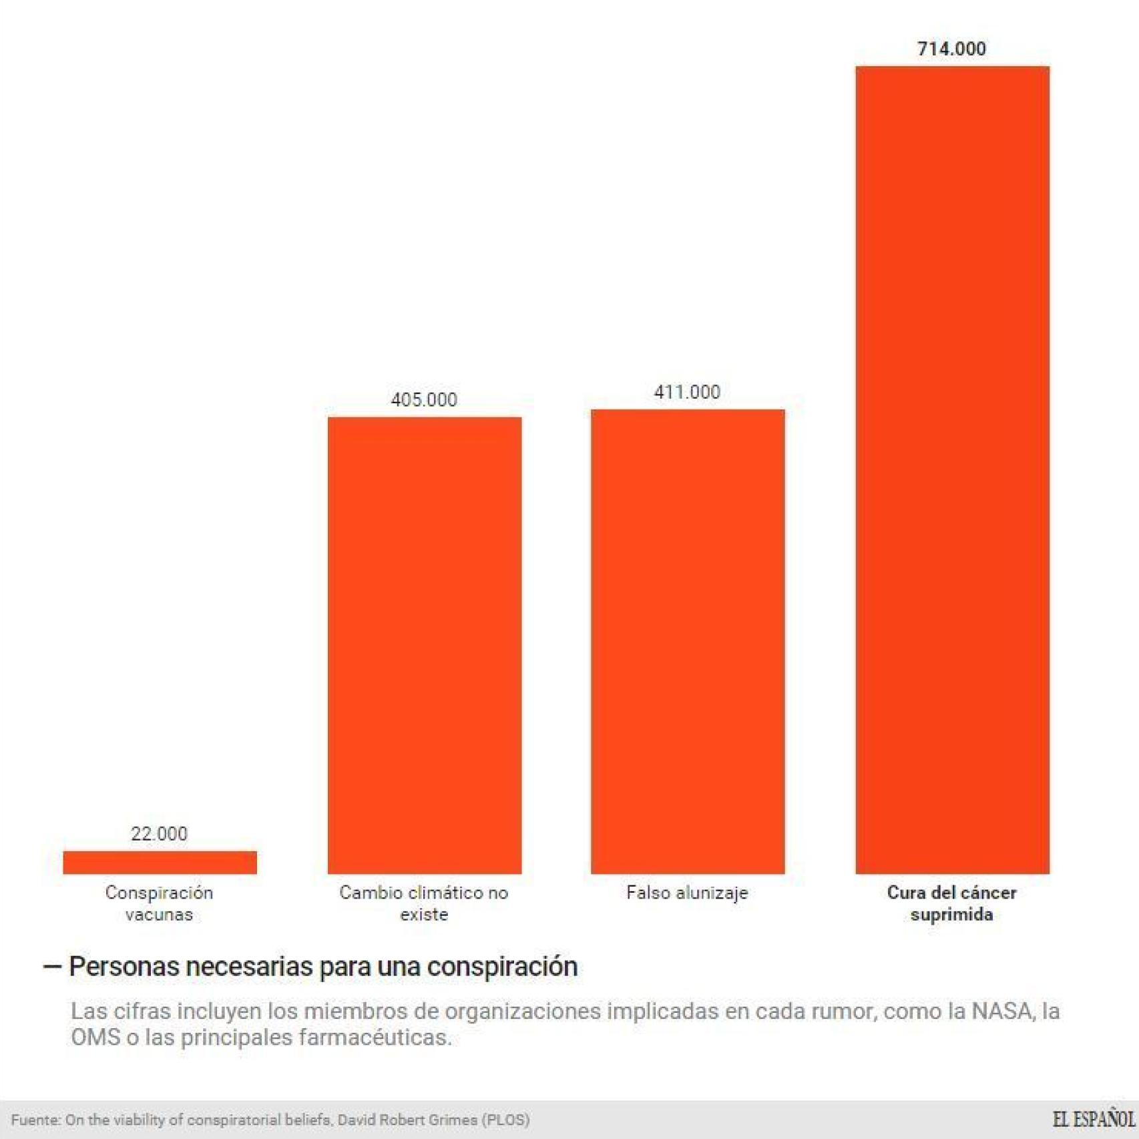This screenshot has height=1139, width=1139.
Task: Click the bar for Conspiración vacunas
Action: [160, 862]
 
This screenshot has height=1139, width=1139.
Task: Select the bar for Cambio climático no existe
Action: [424, 645]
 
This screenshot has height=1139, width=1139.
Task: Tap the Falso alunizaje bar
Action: [688, 641]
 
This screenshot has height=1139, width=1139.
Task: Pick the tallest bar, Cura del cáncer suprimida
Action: [952, 469]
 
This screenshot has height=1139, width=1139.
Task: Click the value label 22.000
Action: [159, 833]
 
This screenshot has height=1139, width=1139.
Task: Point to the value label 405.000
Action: [424, 399]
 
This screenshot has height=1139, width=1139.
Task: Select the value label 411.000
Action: [687, 391]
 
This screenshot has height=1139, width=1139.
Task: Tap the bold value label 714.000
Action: [951, 48]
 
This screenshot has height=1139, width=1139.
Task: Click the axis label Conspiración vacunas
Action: [159, 903]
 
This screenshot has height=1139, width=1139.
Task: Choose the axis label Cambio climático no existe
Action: [424, 903]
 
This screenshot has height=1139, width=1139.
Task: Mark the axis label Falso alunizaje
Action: [687, 893]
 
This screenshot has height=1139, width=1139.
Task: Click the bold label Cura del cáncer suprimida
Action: [951, 903]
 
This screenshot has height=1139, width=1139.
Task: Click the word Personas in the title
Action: [124, 967]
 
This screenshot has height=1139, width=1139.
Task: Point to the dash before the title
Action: [52, 967]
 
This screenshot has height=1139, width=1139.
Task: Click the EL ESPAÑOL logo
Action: [1093, 1119]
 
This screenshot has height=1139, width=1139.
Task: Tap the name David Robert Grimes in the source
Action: [407, 1120]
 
